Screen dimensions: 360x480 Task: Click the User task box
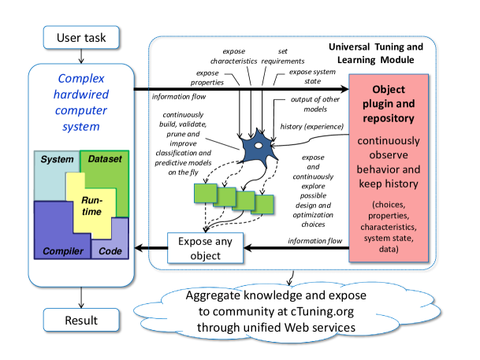coord(81,37)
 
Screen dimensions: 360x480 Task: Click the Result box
coord(81,320)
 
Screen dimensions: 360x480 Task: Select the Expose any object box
coord(205,247)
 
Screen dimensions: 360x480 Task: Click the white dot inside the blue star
coord(258,145)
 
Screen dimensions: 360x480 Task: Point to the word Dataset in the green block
coord(105,159)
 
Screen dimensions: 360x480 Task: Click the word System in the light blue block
coord(57,160)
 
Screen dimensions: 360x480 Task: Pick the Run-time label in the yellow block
coord(91,206)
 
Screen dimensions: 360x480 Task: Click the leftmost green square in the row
coord(205,191)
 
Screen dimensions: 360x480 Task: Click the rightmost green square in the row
coord(262,205)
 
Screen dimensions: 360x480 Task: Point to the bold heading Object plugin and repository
coord(389,104)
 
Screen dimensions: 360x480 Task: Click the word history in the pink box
coord(402,184)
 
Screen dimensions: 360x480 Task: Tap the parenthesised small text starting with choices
coord(389,227)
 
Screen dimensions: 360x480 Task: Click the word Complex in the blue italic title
coord(81,79)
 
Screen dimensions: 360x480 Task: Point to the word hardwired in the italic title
coord(81,95)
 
